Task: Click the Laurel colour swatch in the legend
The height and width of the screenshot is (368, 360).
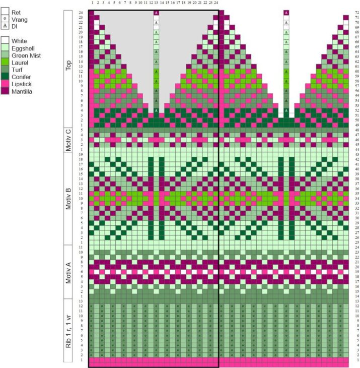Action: [5, 63]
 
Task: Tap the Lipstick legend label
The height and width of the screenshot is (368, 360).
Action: [22, 84]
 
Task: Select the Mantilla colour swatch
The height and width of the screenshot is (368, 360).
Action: [5, 91]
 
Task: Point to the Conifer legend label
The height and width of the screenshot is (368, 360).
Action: [21, 77]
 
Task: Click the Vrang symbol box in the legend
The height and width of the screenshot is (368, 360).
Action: [5, 19]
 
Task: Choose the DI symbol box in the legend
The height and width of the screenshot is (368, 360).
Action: [5, 26]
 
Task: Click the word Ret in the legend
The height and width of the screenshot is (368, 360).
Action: [16, 13]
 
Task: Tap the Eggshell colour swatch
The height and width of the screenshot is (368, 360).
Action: [5, 48]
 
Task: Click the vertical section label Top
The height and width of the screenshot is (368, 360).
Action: [68, 66]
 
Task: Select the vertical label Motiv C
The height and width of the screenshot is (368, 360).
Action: [68, 140]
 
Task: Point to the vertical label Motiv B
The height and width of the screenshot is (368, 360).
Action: [68, 198]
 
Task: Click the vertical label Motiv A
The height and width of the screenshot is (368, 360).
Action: [68, 273]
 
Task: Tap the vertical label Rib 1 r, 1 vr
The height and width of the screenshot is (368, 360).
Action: [68, 331]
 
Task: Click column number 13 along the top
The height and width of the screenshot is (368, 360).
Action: [156, 3]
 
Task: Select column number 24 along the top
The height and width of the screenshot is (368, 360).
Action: [216, 3]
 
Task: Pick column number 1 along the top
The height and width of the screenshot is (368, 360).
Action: [93, 3]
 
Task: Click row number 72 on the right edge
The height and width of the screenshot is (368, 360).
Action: [357, 13]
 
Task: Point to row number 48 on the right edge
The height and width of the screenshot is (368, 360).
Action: [357, 130]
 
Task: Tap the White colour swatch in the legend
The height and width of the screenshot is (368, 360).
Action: [5, 41]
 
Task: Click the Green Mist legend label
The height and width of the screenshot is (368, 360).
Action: [26, 55]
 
